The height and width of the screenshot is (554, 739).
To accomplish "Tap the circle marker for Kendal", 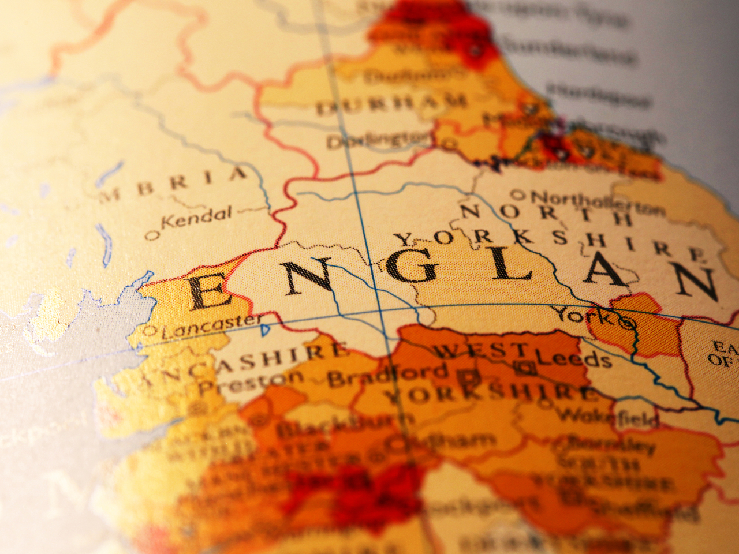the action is [152, 235].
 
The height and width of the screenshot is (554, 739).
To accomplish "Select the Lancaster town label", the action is [211, 325].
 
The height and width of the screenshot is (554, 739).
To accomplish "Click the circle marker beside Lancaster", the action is [149, 331].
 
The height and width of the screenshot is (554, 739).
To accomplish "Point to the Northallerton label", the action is [595, 202].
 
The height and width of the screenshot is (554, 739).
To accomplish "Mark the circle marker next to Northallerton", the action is [518, 194].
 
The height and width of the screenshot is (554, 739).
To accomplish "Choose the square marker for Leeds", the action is [525, 365].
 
